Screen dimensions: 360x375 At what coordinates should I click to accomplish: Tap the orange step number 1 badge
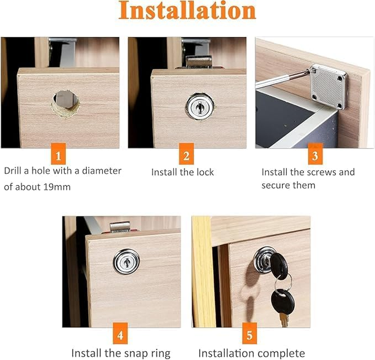[58, 156]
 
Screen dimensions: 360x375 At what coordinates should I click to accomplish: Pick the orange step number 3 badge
[315, 156]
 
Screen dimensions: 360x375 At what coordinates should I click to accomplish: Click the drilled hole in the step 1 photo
[66, 102]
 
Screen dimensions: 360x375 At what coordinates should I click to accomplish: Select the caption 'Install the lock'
[183, 172]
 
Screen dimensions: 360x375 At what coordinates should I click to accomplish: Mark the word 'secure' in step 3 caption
[275, 185]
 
